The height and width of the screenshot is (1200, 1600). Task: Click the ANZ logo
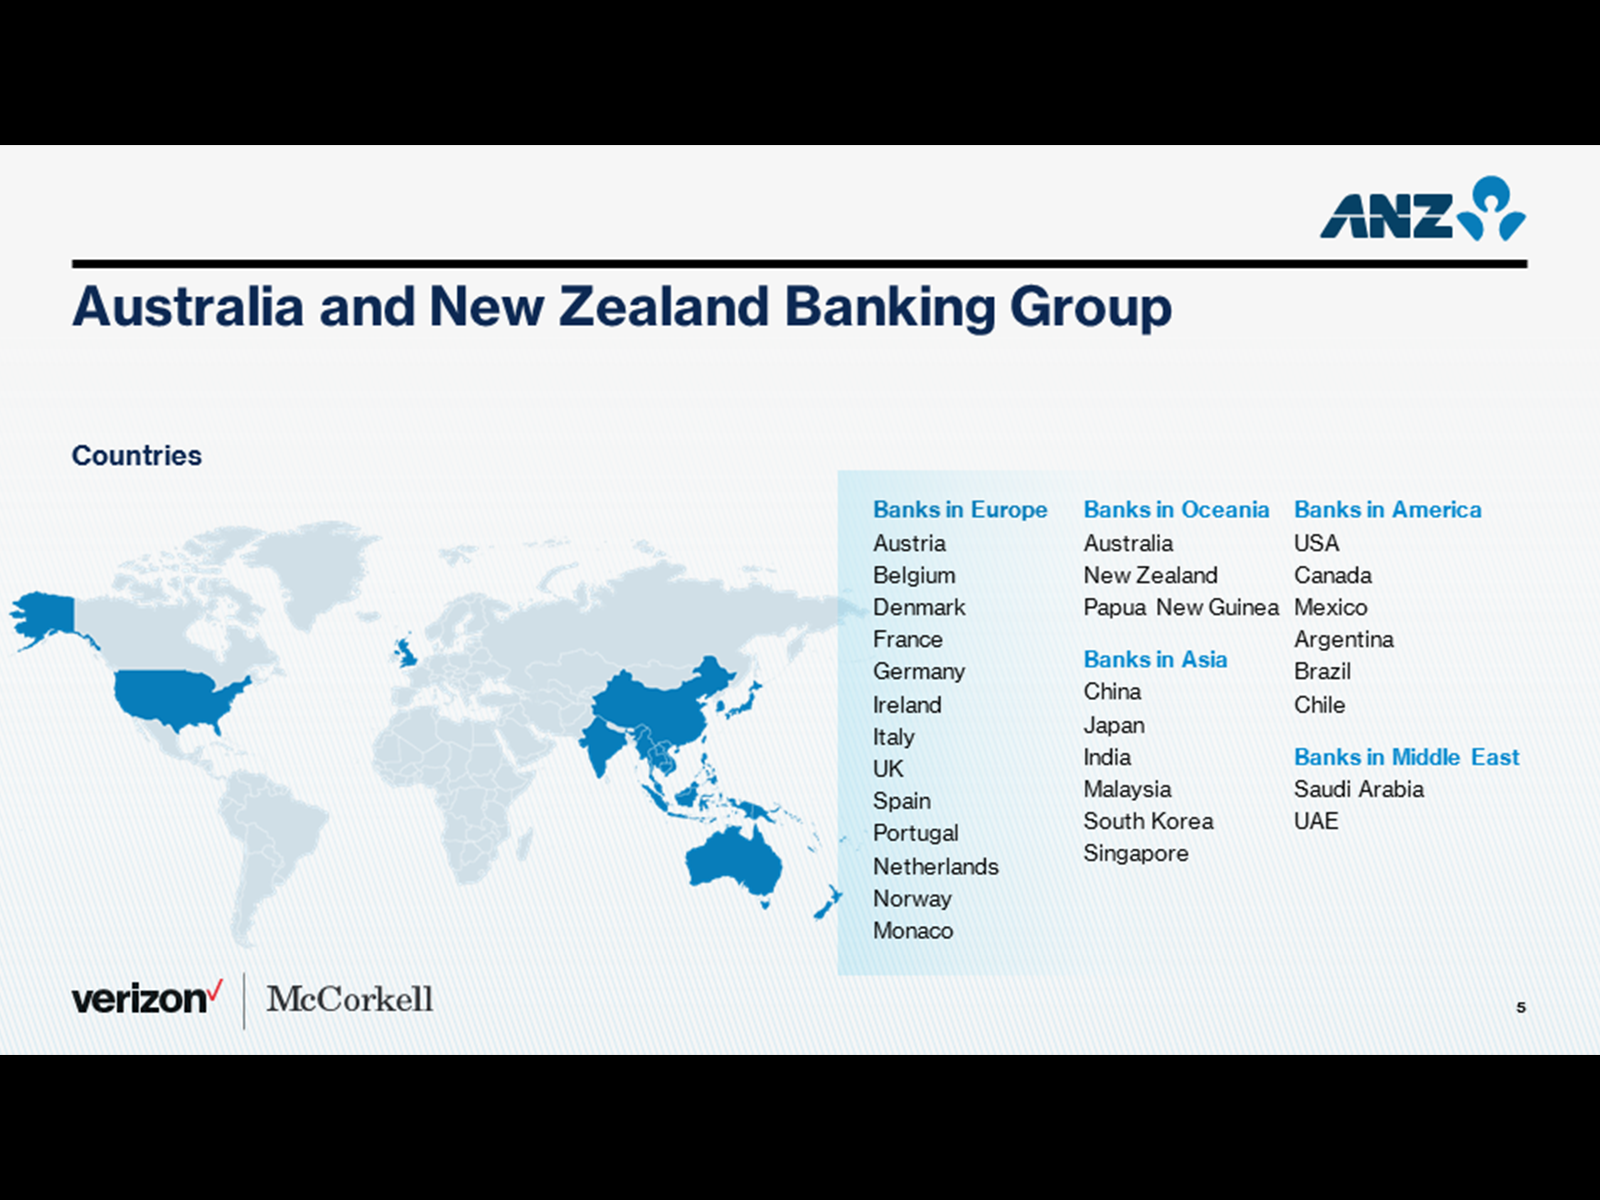(x=1422, y=209)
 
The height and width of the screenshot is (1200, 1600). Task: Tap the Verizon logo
(x=147, y=998)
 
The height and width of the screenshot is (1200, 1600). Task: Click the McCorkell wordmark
(x=349, y=999)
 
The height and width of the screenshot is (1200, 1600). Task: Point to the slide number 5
(x=1521, y=1007)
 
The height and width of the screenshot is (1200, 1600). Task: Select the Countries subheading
(x=136, y=455)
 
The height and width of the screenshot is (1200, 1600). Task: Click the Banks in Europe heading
(x=960, y=509)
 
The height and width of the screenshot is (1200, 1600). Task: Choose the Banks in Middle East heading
(x=1406, y=757)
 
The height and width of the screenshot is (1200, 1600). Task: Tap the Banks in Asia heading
(x=1155, y=659)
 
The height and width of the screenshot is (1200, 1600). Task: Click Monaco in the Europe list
(x=913, y=930)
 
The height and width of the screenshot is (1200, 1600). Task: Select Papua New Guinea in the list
(x=1181, y=607)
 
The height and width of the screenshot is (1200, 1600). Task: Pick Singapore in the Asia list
(x=1136, y=853)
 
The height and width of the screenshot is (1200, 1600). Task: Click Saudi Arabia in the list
(x=1359, y=789)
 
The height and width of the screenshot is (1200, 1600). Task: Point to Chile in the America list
(x=1319, y=705)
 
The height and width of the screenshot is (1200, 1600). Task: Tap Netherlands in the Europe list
(x=936, y=866)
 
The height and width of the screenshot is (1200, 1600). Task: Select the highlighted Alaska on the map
(x=45, y=616)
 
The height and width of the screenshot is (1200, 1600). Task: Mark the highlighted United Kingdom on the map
(x=406, y=653)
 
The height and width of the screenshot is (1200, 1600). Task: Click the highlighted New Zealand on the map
(x=829, y=902)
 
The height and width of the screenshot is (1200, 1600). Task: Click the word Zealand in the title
(x=663, y=307)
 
